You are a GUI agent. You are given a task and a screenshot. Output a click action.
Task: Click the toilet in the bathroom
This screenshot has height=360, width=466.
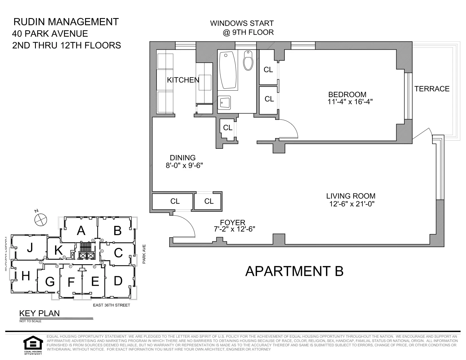coord(248,61)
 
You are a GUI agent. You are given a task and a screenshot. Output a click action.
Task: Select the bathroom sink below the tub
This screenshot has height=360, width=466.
coord(225,103)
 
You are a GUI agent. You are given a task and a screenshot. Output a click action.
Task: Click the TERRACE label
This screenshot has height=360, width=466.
coord(432,89)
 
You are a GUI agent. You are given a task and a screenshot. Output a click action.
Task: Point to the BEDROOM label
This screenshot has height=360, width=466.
coord(347,95)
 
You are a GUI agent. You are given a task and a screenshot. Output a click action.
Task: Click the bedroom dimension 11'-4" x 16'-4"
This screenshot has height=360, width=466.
coord(350,102)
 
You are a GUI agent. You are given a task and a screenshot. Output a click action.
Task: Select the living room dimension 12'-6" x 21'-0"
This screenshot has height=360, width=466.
coord(352,204)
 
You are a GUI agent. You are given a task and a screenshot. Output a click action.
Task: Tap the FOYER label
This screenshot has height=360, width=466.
coord(233,222)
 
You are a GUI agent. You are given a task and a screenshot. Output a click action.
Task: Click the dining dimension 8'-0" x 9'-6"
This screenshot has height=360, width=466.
coord(184,165)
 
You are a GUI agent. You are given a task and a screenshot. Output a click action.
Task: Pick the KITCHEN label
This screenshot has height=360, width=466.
coord(183,80)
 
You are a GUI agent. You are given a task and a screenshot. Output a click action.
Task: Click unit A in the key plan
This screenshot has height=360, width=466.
coord(81,231)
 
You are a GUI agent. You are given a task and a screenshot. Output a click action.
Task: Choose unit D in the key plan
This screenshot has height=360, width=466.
coord(118,281)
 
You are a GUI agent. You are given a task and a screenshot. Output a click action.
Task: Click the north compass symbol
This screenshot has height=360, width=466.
coord(40,219)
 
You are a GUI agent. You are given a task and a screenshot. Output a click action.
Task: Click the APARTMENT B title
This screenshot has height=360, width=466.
coord(294,271)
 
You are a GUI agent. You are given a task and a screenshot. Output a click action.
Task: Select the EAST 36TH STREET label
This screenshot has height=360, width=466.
coord(112,305)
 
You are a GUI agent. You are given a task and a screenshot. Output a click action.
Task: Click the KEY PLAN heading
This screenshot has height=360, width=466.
coord(39,313)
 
